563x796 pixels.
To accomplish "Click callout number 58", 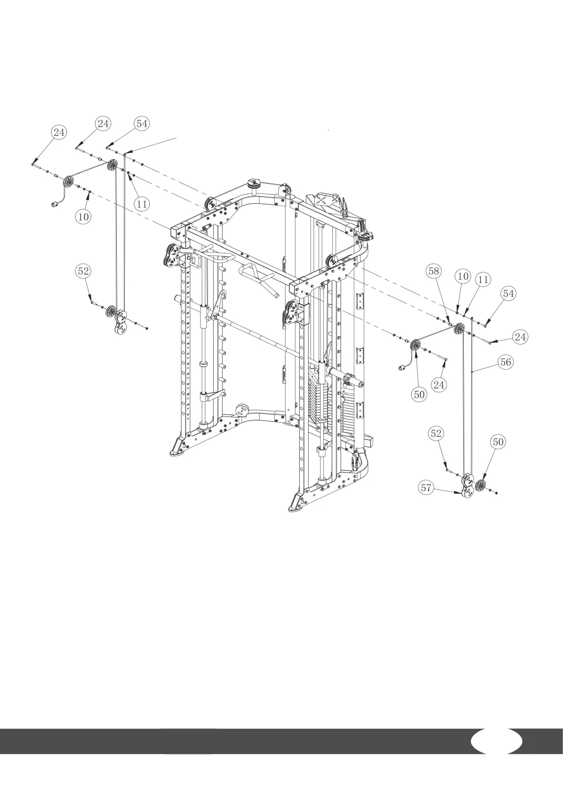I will point(433,271).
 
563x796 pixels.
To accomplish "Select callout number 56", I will point(505,362).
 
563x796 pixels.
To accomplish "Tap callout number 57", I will point(426,488).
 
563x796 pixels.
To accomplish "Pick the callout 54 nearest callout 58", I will point(508,294).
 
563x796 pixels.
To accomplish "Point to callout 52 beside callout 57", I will point(436,433).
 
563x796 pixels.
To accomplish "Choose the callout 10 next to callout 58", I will point(463,276).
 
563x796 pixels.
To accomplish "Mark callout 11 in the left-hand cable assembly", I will point(141,204).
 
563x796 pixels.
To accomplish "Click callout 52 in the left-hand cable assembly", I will point(83,271).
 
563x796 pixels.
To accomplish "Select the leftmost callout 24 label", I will point(59,132).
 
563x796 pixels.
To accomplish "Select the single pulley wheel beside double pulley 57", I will point(481,485).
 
